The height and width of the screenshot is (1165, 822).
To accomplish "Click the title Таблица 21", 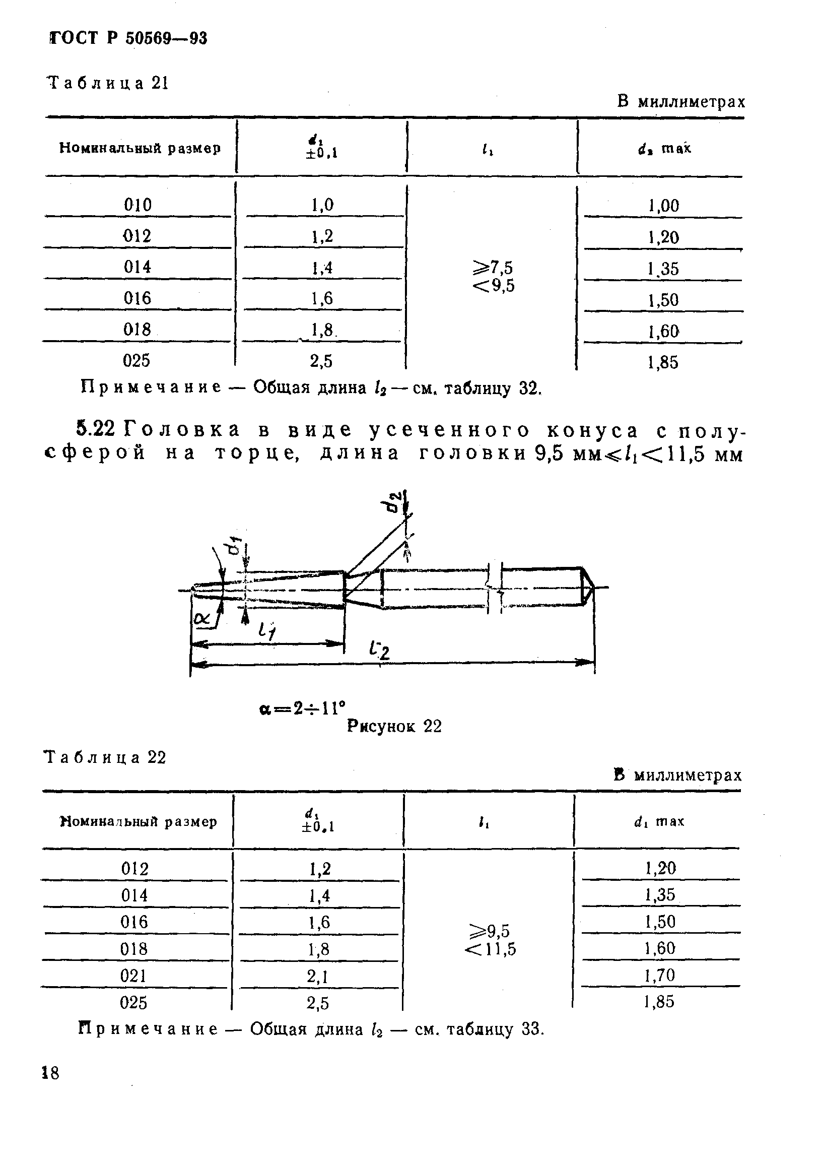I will click(x=107, y=83).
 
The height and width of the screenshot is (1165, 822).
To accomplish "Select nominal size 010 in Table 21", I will click(x=138, y=205).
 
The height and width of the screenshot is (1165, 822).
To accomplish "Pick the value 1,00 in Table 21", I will click(x=663, y=206).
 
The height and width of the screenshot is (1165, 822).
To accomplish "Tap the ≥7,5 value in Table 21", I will click(x=494, y=268).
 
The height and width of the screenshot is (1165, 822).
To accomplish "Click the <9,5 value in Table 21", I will click(x=494, y=286).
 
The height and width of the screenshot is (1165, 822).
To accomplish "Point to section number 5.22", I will click(x=96, y=429).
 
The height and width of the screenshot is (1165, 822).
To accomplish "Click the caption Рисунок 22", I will click(x=394, y=727).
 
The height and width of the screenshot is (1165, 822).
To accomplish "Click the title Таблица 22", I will click(x=105, y=757).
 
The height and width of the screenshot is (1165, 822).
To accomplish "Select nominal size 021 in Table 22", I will click(x=134, y=975).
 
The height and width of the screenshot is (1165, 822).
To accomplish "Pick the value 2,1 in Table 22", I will click(x=318, y=976).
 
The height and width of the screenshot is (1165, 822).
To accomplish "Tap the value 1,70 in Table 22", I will click(x=660, y=975).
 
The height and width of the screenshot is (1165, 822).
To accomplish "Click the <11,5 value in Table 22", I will click(x=491, y=949).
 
